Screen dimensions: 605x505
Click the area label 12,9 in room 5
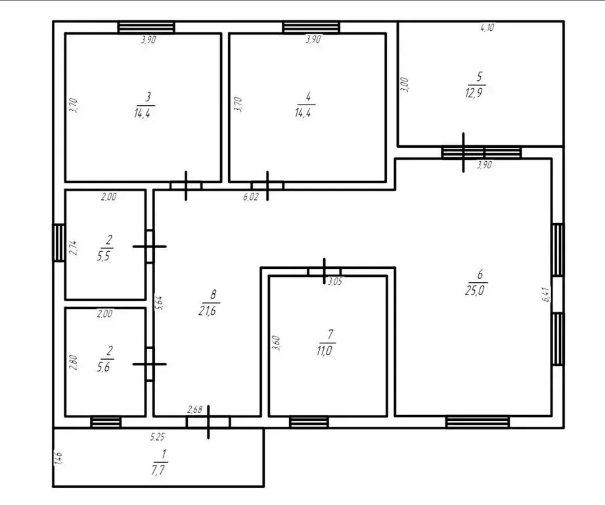pyautogui.click(x=474, y=93)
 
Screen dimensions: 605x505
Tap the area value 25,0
pyautogui.click(x=474, y=291)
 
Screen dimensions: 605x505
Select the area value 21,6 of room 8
pyautogui.click(x=207, y=310)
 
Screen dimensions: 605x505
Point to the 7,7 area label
pyautogui.click(x=159, y=470)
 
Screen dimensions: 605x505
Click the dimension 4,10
pyautogui.click(x=487, y=28)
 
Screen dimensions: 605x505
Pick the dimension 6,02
pyautogui.click(x=251, y=197)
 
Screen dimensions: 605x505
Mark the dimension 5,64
pyautogui.click(x=159, y=302)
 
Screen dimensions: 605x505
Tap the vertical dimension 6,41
pyautogui.click(x=547, y=294)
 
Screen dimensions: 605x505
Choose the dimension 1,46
pyautogui.click(x=58, y=459)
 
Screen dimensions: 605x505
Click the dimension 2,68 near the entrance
pyautogui.click(x=194, y=409)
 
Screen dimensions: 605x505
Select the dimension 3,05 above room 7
pyautogui.click(x=334, y=281)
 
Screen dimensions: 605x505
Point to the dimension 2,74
pyautogui.click(x=73, y=248)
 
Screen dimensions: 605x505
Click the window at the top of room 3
pyautogui.click(x=146, y=28)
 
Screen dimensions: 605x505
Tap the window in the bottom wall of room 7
pyautogui.click(x=309, y=422)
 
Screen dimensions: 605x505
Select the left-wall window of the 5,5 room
pyautogui.click(x=58, y=243)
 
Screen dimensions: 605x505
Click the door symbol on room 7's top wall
pyautogui.click(x=324, y=271)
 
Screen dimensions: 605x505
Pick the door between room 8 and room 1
pyautogui.click(x=208, y=422)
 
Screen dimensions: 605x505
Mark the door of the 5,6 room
pyautogui.click(x=150, y=364)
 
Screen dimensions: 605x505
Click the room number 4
pyautogui.click(x=307, y=97)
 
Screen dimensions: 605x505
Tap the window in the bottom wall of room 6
pyautogui.click(x=478, y=422)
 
